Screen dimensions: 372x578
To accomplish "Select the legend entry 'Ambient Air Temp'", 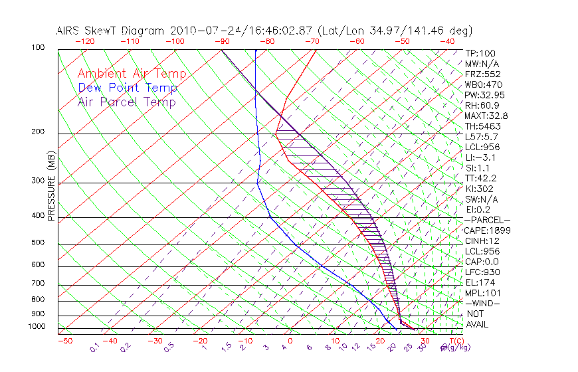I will click(132, 74).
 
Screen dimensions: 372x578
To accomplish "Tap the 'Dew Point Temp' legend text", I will click(127, 88).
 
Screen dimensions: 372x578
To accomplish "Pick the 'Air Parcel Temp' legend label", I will click(126, 102).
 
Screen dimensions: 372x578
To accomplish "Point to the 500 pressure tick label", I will click(37, 243).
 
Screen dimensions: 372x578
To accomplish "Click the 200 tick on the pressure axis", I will click(37, 132).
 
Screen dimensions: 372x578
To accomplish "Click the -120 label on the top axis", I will click(84, 41).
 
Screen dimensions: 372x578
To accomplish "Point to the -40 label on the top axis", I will click(448, 41).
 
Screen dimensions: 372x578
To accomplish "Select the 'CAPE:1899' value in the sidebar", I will click(487, 231).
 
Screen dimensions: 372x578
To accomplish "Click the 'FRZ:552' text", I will click(482, 74).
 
